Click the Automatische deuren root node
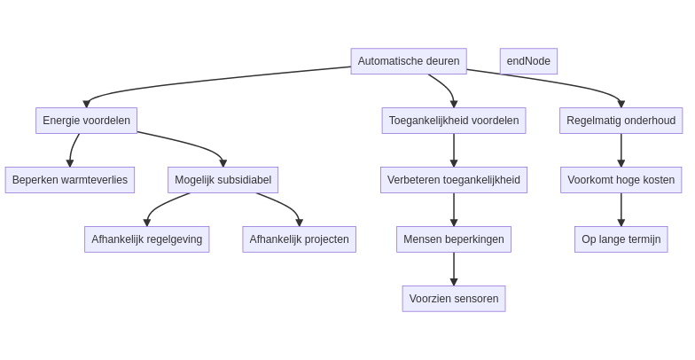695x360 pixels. click(409, 61)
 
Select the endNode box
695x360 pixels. click(528, 61)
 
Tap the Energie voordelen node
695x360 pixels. click(86, 121)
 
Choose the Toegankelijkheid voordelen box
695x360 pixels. click(454, 121)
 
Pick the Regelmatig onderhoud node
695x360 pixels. click(621, 121)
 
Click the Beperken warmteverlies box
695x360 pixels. click(70, 180)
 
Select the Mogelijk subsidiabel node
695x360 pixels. click(223, 180)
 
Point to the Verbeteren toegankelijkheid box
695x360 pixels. click(454, 180)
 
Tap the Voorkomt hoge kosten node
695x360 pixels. click(621, 180)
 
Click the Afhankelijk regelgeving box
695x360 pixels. click(147, 239)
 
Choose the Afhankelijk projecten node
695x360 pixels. click(299, 239)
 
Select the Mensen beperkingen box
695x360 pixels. click(454, 239)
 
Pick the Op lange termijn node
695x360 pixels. click(621, 239)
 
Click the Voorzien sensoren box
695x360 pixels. click(454, 299)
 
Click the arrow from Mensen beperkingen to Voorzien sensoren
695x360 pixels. click(454, 269)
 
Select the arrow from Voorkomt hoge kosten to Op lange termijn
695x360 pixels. click(621, 209)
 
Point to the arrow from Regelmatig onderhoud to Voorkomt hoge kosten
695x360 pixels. click(621, 150)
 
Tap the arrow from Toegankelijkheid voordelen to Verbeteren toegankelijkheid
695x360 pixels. click(454, 150)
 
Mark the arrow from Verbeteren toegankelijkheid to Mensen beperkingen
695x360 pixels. click(454, 209)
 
